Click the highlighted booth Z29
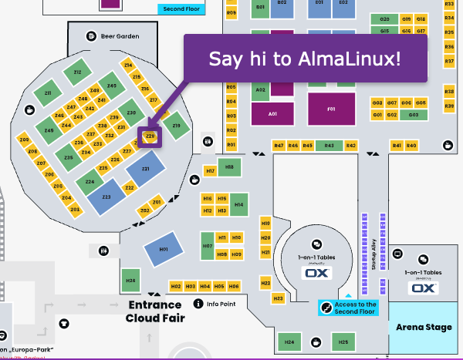click(x=150, y=136)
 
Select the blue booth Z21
click(x=145, y=169)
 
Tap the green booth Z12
click(x=77, y=72)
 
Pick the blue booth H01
click(x=163, y=250)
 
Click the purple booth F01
click(x=331, y=109)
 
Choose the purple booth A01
click(x=272, y=113)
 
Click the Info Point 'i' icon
click(x=198, y=304)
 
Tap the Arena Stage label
click(x=424, y=328)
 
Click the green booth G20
click(x=384, y=18)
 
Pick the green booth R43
click(x=329, y=146)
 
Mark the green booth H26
click(x=130, y=281)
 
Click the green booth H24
click(x=289, y=341)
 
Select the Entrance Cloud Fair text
click(x=154, y=311)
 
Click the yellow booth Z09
click(x=24, y=140)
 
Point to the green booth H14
click(x=239, y=204)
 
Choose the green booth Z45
click(x=49, y=131)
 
